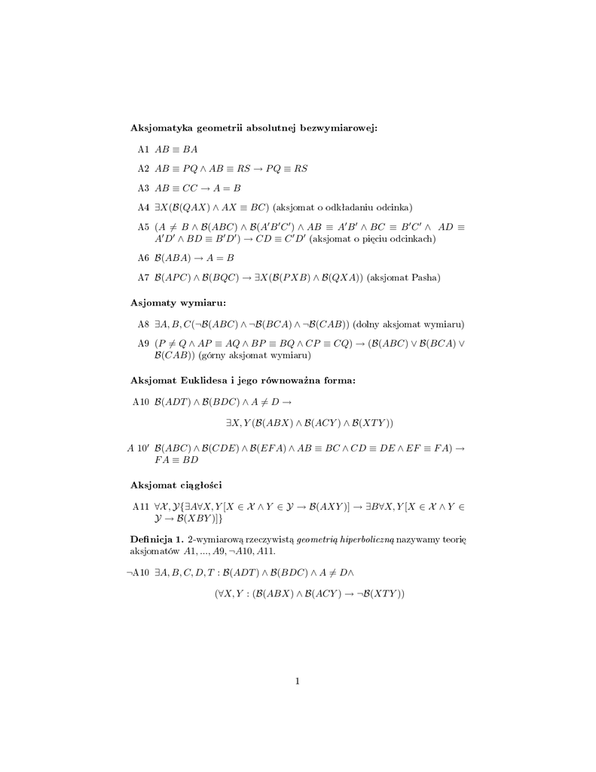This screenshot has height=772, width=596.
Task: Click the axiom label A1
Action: click(143, 149)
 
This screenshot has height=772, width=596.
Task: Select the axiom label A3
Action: click(143, 188)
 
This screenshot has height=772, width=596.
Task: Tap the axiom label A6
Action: click(143, 258)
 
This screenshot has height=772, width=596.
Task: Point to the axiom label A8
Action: click(143, 324)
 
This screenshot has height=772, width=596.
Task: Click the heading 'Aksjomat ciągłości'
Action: click(176, 484)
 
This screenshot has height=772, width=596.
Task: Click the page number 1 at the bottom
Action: click(298, 682)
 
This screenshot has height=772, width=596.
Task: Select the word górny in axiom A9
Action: click(211, 355)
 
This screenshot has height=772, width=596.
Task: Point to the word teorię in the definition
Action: click(451, 540)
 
